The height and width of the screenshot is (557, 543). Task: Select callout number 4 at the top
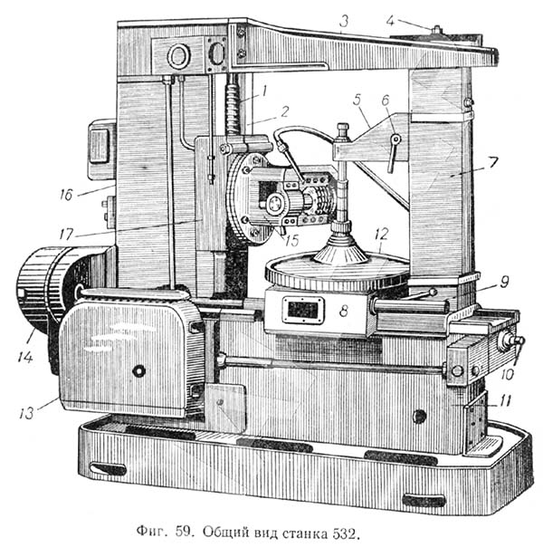click(389, 18)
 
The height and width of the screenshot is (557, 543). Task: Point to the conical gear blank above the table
click(344, 245)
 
